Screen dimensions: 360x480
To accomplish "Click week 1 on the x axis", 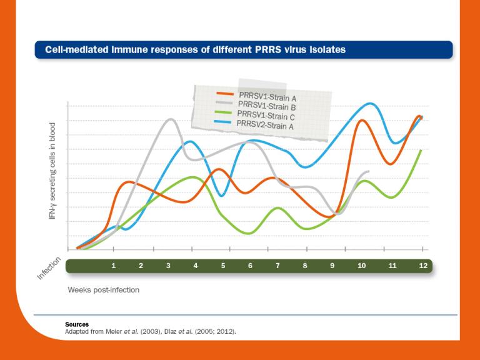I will coord(114,266).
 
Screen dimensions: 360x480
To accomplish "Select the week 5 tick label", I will coord(223,266).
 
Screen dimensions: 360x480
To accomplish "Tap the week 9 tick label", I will coord(332,266).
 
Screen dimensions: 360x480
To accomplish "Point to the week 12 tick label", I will coord(423,266).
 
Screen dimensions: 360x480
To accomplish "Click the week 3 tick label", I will coord(168,266).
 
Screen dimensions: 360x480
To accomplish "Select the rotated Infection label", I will coord(49,268).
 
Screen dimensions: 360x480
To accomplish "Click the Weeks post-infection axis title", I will coord(104,290).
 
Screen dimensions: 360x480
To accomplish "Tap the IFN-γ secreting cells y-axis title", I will coord(52,170).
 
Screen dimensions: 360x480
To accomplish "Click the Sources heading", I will coord(77,324).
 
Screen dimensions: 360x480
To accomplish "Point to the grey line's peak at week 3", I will coord(170,119).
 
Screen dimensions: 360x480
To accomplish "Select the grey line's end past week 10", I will coord(369,171).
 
